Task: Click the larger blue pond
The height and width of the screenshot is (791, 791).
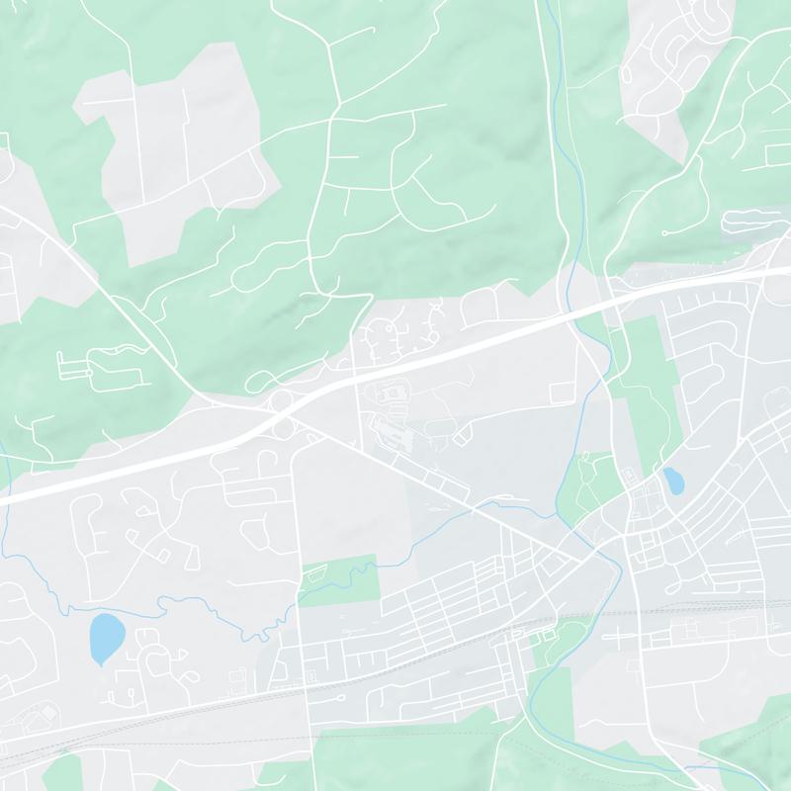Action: pos(106,639)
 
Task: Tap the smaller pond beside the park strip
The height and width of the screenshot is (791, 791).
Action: pos(673,482)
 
